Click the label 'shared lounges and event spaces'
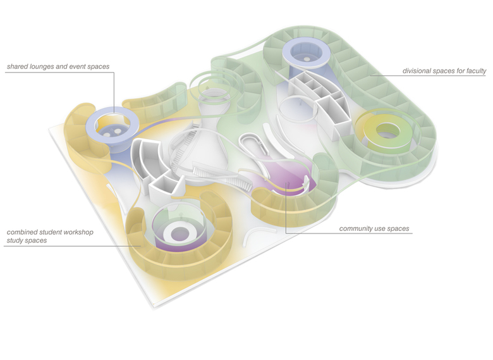tap(58, 66)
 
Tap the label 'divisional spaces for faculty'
tap(444, 71)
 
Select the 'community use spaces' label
tap(374, 229)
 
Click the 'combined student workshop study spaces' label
tap(50, 237)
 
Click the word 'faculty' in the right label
tap(475, 71)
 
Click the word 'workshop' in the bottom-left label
tap(79, 232)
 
